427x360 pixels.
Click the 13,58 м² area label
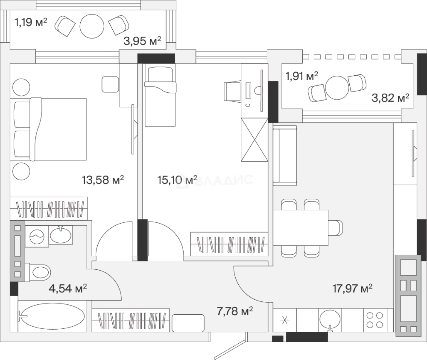click(103, 180)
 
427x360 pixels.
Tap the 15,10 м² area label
click(177, 180)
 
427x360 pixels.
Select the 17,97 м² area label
click(352, 288)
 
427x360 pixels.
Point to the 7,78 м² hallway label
click(235, 311)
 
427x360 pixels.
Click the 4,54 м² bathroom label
click(68, 288)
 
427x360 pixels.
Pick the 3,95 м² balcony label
click(142, 41)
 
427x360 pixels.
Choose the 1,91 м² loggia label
click(302, 76)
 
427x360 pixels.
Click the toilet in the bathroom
click(38, 273)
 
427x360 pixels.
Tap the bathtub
click(52, 316)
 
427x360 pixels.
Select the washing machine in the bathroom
click(37, 237)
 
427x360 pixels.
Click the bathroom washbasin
click(61, 235)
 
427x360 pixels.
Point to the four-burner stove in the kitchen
click(375, 320)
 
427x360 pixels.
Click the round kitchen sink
click(330, 320)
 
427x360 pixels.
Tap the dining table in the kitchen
click(301, 228)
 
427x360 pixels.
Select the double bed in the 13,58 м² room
click(48, 129)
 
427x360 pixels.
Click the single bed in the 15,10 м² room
click(160, 95)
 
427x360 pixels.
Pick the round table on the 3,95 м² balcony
click(92, 26)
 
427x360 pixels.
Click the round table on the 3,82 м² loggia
click(337, 88)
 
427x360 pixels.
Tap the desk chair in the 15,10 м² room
click(232, 91)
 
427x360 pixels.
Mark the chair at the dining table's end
click(335, 228)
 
